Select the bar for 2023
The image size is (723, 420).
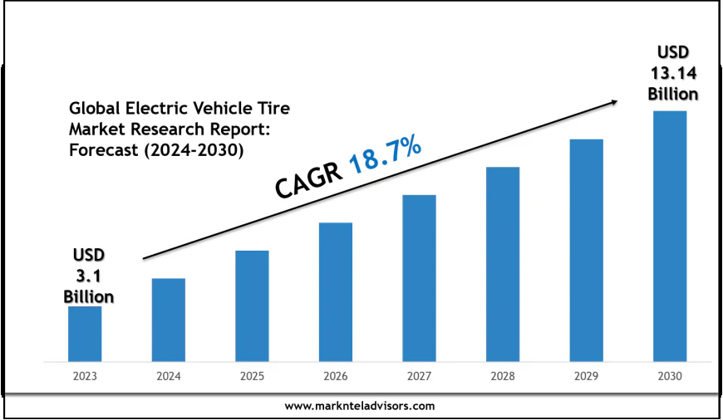point(85,334)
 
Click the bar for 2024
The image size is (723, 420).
point(169,320)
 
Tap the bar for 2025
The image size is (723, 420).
point(252,305)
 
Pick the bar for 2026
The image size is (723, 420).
point(336,291)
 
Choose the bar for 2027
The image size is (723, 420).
point(419,278)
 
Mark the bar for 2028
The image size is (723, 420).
point(503,264)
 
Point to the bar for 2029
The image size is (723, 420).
point(586,250)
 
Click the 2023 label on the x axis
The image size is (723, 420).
point(85,376)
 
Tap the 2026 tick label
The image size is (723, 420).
point(336,376)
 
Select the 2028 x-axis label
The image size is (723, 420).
point(503,376)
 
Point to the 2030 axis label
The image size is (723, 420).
point(670,376)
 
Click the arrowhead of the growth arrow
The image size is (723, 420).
point(616,101)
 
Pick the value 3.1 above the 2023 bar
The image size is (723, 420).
point(88,275)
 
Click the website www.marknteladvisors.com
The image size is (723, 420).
point(360,406)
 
